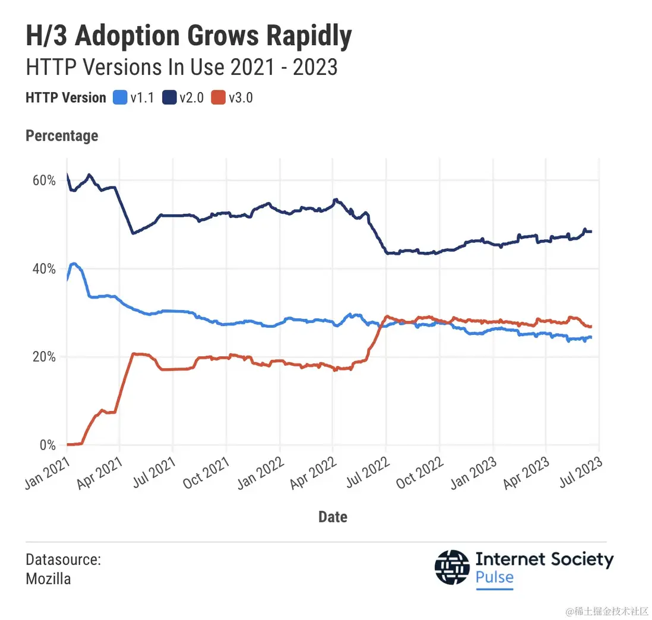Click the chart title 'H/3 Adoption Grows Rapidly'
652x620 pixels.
[x=189, y=37]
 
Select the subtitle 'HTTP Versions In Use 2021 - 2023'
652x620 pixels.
[x=182, y=67]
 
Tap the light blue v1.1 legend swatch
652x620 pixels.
[x=120, y=98]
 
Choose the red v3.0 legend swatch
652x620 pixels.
[x=219, y=98]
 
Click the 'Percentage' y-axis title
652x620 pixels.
[x=62, y=136]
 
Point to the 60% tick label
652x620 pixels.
[x=43, y=181]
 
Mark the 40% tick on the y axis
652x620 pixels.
[x=43, y=269]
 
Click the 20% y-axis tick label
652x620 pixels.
[x=43, y=357]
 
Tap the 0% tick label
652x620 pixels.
[x=46, y=445]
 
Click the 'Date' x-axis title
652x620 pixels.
[x=333, y=517]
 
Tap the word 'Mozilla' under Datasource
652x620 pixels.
[x=48, y=578]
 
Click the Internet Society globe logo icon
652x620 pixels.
[x=452, y=567]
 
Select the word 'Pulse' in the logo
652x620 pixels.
[x=495, y=577]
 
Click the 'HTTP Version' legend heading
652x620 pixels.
[x=65, y=98]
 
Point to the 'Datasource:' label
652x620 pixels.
[x=63, y=559]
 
